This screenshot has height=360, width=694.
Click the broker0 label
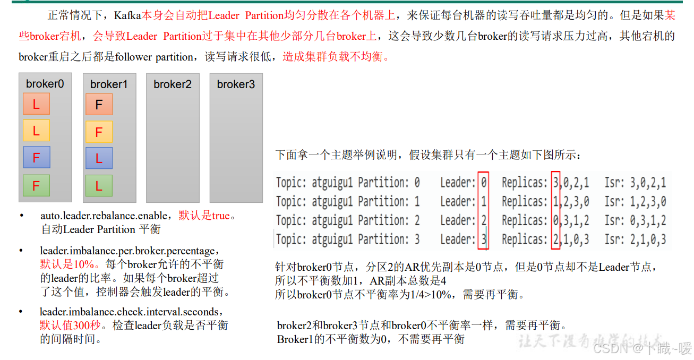45,84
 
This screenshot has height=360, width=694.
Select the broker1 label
109,84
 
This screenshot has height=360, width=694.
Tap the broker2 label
173,84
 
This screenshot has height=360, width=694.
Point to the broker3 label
236,84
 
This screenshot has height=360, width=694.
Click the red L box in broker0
36,104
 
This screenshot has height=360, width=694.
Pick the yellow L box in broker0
36,131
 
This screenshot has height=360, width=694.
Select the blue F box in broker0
36,158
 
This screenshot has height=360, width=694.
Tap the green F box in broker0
36,186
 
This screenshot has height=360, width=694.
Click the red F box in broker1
99,105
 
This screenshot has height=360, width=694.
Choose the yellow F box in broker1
99,132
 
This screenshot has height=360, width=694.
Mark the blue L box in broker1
99,158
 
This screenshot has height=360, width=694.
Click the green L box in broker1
99,186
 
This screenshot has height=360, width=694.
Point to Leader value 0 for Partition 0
484,183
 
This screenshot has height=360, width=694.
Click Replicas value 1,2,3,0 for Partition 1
571,202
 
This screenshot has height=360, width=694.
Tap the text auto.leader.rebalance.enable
106,216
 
